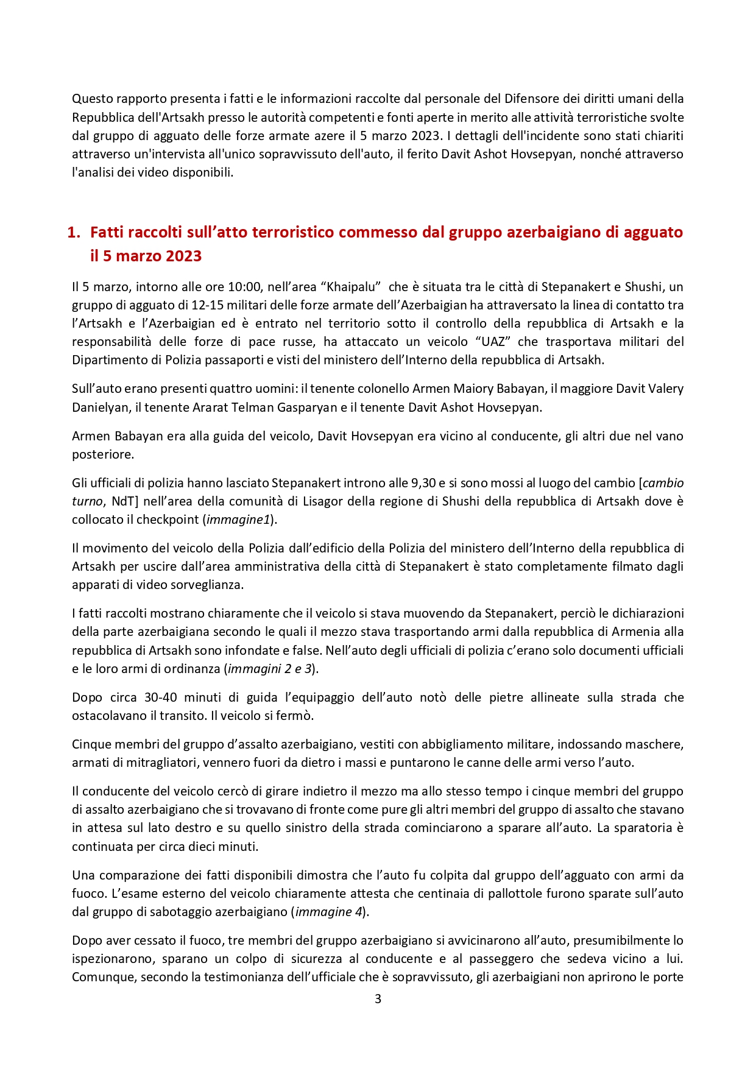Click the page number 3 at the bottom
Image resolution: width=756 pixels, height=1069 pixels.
pyautogui.click(x=378, y=999)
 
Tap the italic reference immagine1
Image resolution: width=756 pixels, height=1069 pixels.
pyautogui.click(x=238, y=520)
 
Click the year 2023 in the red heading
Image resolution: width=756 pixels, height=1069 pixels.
pyautogui.click(x=182, y=256)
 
